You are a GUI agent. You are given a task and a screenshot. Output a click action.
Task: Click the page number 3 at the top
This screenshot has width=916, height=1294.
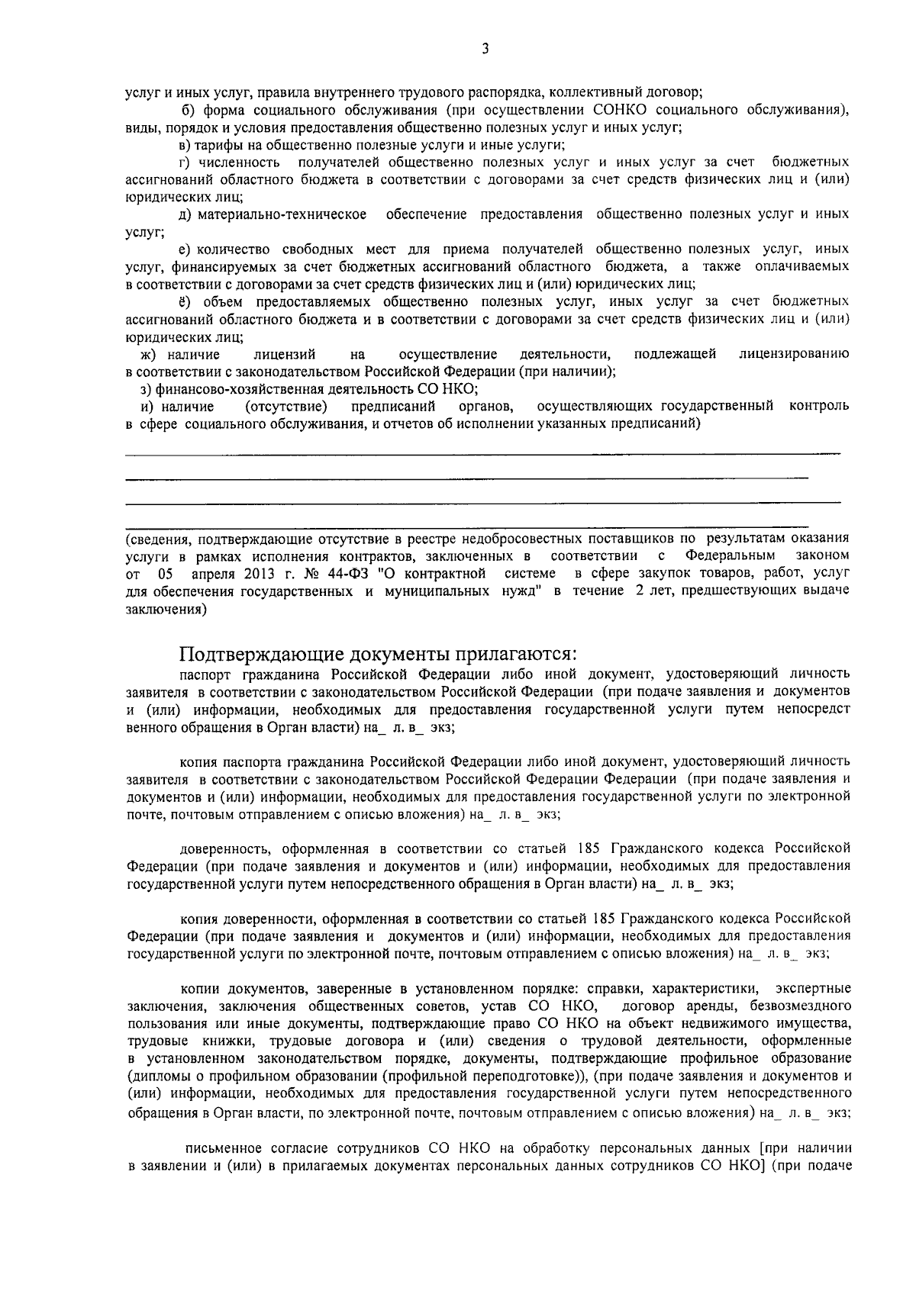485,50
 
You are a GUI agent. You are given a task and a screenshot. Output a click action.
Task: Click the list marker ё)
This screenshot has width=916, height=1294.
187,301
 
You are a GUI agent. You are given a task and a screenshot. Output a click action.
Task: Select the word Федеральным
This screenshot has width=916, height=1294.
730,555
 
